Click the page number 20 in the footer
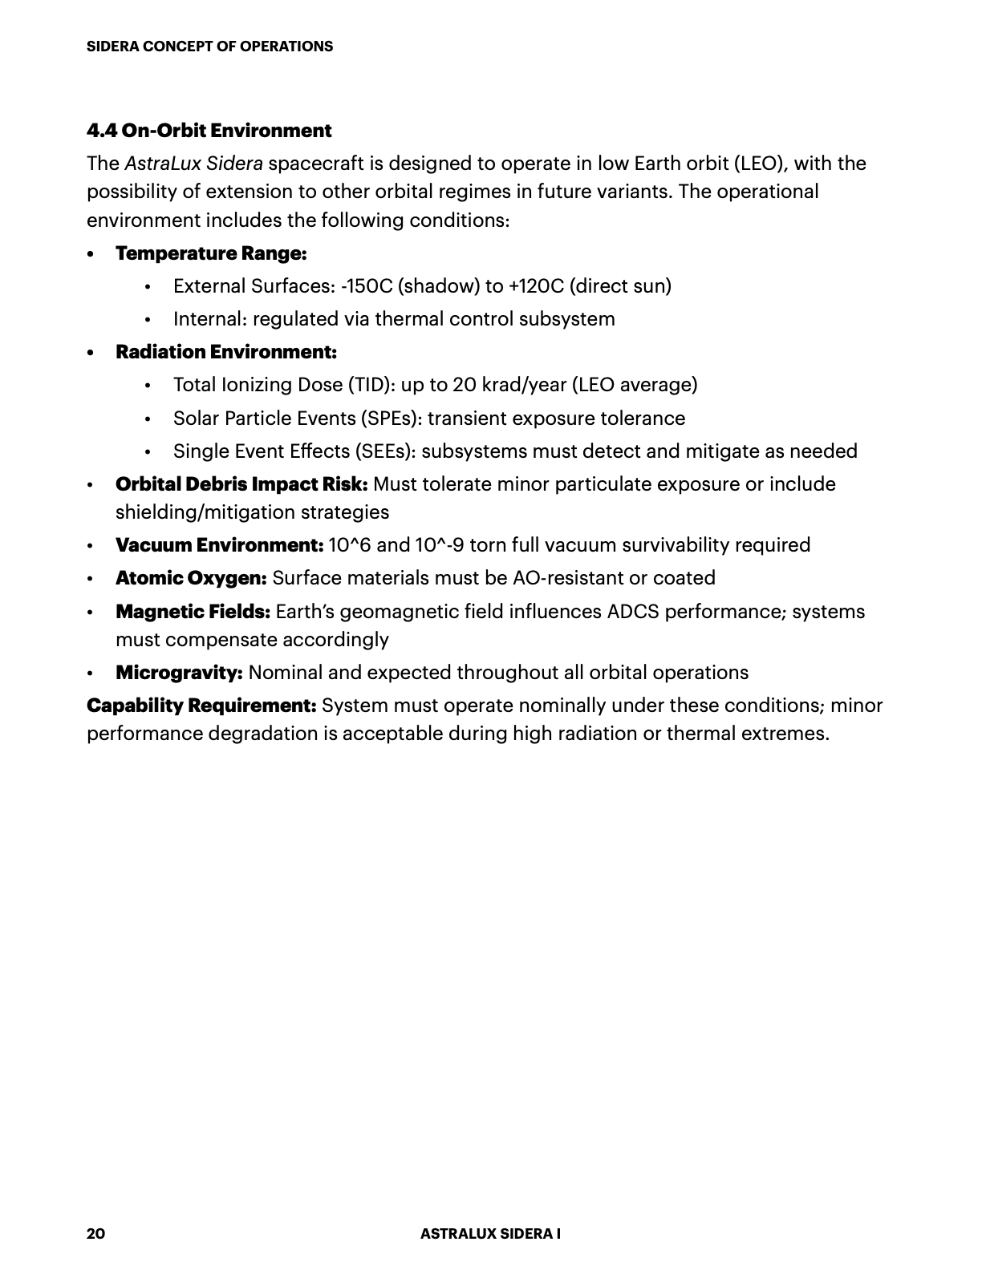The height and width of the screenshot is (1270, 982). click(x=95, y=1234)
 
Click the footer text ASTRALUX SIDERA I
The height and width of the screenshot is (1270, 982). click(x=490, y=1234)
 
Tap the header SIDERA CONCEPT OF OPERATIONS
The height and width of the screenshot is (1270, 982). click(x=209, y=47)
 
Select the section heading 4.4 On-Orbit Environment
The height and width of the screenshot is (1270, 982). click(x=209, y=131)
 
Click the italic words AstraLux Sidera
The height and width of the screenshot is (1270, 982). click(x=193, y=164)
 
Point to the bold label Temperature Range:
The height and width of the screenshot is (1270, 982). click(x=211, y=253)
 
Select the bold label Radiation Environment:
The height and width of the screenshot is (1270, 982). click(x=225, y=352)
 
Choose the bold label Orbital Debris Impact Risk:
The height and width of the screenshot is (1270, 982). click(x=241, y=484)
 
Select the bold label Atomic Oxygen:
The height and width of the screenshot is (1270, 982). click(x=191, y=578)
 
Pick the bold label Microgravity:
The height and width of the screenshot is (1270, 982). click(x=179, y=673)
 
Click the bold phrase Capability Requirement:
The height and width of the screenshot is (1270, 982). click(x=201, y=706)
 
